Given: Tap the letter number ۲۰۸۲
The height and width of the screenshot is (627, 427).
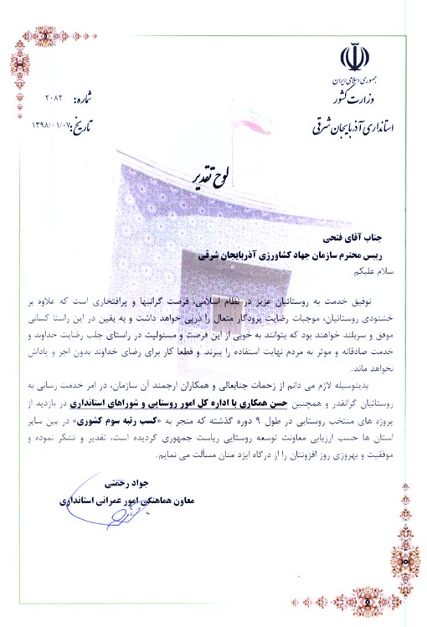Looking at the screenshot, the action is pyautogui.click(x=59, y=98).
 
